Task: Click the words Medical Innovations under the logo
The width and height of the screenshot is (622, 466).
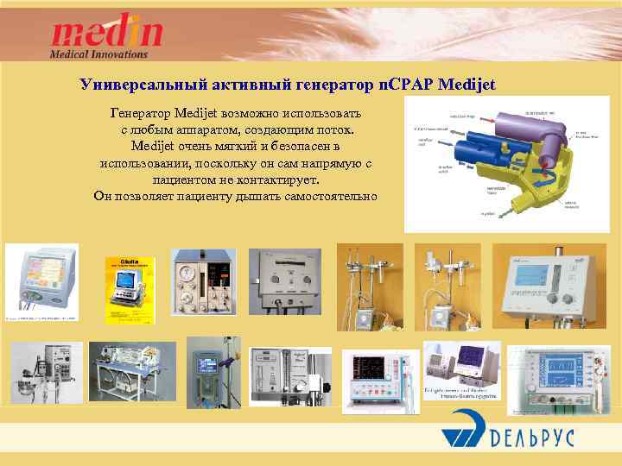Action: click(99, 54)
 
